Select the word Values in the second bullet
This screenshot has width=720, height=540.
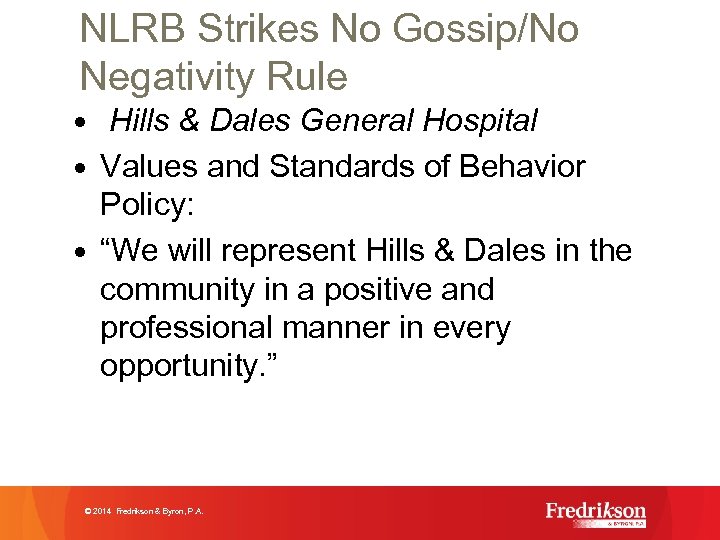[x=150, y=166]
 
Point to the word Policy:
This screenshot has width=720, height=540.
[x=150, y=204]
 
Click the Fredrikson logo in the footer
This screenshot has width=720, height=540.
[x=596, y=513]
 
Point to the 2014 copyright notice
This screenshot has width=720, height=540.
[x=145, y=511]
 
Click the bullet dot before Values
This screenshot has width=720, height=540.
[x=85, y=167]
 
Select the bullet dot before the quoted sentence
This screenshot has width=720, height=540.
[x=85, y=251]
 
